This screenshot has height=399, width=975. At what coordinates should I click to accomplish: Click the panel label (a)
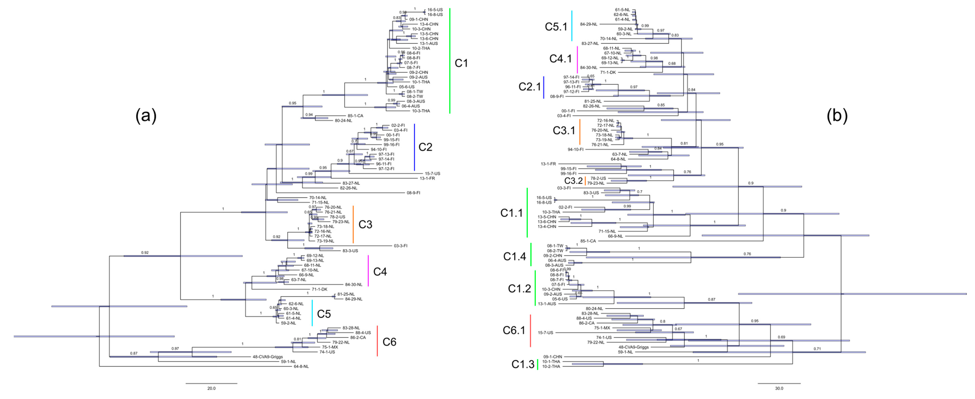146,116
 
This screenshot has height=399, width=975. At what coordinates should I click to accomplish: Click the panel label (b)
837,116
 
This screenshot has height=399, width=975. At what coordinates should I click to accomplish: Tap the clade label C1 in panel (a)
461,63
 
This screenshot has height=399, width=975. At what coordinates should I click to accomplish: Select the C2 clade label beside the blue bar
425,147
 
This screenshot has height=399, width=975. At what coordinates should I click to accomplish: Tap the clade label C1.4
514,256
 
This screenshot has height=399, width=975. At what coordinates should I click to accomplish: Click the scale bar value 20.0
211,388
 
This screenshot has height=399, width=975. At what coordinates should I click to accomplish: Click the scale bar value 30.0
779,388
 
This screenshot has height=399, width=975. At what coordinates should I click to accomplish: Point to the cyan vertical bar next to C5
312,313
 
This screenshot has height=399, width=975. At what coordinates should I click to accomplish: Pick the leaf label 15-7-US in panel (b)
545,333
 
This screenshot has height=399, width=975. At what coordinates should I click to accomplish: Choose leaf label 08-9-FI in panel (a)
413,193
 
